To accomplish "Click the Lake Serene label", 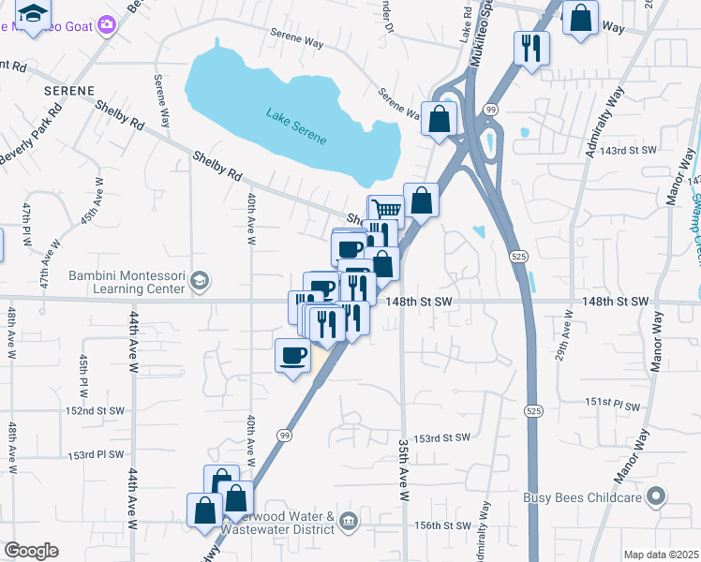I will (296, 126).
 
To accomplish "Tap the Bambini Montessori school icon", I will (199, 280).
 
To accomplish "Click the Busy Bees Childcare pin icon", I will (657, 496).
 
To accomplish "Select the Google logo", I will (31, 551).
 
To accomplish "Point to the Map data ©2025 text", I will (661, 555).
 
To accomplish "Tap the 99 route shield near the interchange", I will (490, 111).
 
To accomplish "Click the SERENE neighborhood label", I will (68, 91).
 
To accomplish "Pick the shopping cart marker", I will (384, 209).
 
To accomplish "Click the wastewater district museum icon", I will (348, 521).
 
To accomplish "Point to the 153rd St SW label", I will (441, 438).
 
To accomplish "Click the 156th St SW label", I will (441, 526).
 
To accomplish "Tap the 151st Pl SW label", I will (612, 401).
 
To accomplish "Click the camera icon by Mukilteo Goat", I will (107, 24).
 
